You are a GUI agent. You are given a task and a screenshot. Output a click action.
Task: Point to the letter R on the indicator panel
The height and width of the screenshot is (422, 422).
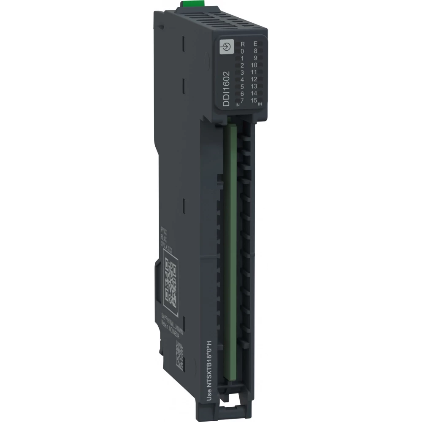click(x=242, y=44)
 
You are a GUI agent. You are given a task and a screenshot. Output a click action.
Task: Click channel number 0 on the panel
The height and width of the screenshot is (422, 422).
click(x=242, y=51)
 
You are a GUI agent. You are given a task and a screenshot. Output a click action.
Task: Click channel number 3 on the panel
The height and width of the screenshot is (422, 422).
click(x=242, y=73)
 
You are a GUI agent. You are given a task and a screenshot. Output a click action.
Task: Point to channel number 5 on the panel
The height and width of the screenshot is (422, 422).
click(x=242, y=87)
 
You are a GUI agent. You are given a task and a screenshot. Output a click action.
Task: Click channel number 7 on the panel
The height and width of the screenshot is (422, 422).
click(x=242, y=100)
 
